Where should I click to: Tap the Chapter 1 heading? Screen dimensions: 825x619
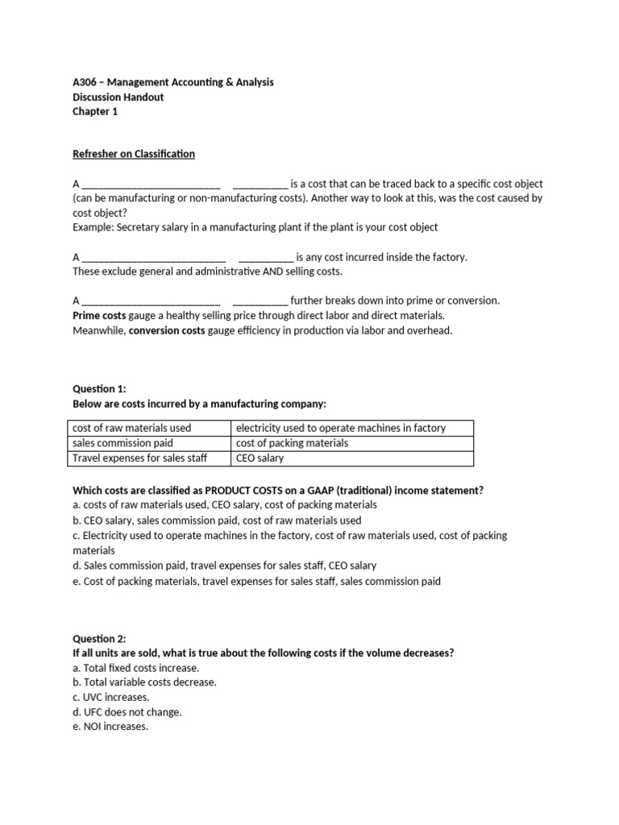point(95,112)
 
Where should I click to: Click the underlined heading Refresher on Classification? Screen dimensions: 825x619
point(134,154)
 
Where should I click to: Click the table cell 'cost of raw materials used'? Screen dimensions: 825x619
point(132,428)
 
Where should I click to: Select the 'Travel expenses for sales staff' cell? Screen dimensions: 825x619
point(139,458)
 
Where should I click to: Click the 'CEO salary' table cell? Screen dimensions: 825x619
point(260,458)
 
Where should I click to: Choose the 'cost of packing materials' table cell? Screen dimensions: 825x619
point(292,443)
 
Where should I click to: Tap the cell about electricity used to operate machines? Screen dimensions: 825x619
point(340,428)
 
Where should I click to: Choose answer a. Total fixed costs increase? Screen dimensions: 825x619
point(135,668)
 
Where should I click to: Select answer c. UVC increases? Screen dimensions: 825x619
point(111,697)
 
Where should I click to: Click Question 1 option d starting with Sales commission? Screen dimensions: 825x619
point(224,566)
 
